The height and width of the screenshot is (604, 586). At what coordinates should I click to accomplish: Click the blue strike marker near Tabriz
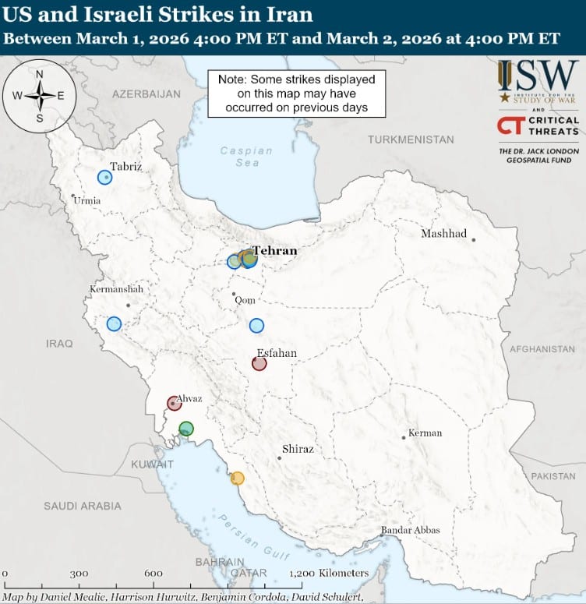pos(104,177)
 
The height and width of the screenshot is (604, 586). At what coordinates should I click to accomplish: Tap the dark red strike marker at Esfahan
pos(259,363)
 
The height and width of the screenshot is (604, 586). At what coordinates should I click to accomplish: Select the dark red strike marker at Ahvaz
pos(175,404)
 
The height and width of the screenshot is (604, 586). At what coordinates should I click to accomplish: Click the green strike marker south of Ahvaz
pos(185,429)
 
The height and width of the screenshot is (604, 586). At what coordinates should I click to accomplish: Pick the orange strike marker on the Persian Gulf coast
pos(237,478)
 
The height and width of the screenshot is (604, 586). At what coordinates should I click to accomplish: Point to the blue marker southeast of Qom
pos(256,326)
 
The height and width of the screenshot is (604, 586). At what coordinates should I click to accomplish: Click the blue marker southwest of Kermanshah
pos(115,323)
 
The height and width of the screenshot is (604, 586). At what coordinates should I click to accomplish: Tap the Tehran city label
pos(274,251)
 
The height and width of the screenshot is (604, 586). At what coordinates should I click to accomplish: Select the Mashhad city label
pos(443,234)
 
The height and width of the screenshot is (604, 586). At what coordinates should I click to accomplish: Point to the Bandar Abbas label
pos(410,530)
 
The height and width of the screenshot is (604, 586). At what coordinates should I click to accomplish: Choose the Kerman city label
pos(425,433)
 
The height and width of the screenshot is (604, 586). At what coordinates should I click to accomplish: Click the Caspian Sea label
pos(246,157)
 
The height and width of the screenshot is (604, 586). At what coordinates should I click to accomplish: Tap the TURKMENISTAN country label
pos(411,140)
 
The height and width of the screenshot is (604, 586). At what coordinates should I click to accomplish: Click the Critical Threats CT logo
pos(538,125)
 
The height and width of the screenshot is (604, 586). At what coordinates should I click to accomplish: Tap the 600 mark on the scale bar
pos(153,574)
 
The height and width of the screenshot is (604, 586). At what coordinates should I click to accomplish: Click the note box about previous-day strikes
pos(297,94)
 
